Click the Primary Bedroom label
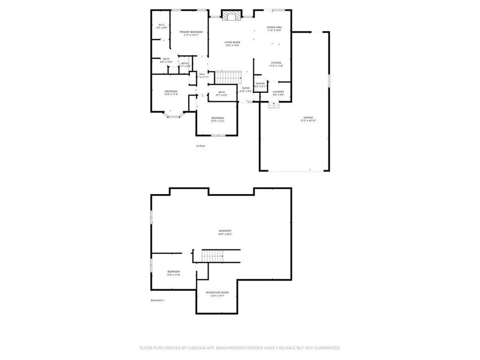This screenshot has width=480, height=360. [190, 34]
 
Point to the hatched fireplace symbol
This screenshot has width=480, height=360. [231, 15]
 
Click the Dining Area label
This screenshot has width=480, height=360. [275, 28]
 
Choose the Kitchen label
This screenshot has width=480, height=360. [276, 64]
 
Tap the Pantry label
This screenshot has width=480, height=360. [260, 84]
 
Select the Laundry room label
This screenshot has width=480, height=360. [278, 93]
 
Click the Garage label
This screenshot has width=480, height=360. [308, 118]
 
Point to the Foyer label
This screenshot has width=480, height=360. [246, 90]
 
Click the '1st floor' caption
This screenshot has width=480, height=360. [201, 146]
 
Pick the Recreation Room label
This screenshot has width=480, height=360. [217, 294]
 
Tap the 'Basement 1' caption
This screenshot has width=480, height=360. [158, 300]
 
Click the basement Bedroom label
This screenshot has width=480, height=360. [174, 273]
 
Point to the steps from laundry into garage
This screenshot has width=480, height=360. [274, 105]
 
